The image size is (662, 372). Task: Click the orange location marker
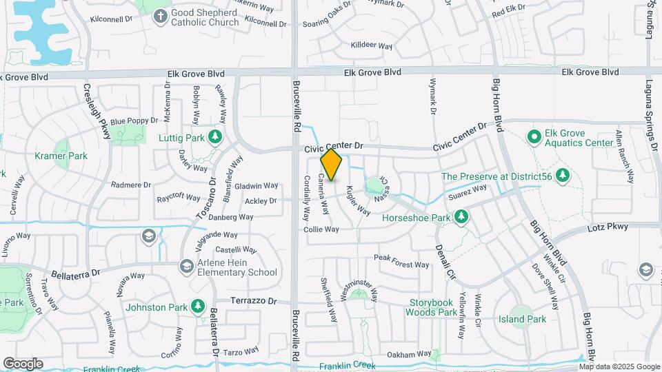[x=331, y=165]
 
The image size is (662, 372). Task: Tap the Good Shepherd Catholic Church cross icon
[x=160, y=15]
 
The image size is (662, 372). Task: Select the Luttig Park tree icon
[x=215, y=138]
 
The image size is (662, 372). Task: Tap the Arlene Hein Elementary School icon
[x=186, y=266]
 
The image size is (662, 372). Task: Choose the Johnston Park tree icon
[x=198, y=305]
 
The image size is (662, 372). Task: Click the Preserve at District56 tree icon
[x=563, y=175]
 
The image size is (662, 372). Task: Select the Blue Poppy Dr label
[x=134, y=121]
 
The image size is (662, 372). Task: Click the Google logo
[x=23, y=364]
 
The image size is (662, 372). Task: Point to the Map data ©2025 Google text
[x=619, y=366]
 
